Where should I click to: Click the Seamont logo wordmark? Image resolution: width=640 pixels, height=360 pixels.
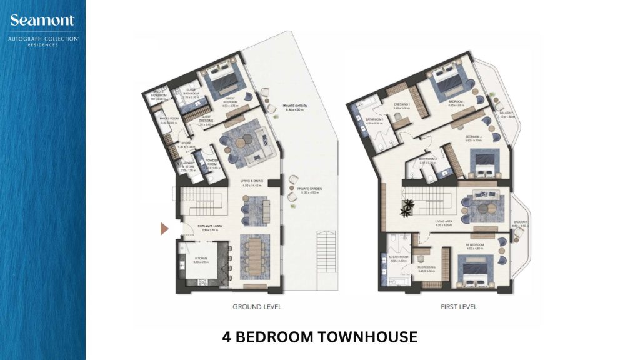click(42, 21)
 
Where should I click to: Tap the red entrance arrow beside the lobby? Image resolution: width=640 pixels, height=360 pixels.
click(165, 229)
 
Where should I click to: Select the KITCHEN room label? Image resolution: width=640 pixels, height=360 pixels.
click(201, 258)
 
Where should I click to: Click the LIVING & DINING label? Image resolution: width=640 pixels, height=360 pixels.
click(252, 181)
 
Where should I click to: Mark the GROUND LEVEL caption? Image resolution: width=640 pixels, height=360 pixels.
click(257, 307)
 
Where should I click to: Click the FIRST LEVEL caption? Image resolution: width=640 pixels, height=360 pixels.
click(459, 307)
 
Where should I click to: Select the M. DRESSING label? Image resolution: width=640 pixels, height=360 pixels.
click(427, 267)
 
